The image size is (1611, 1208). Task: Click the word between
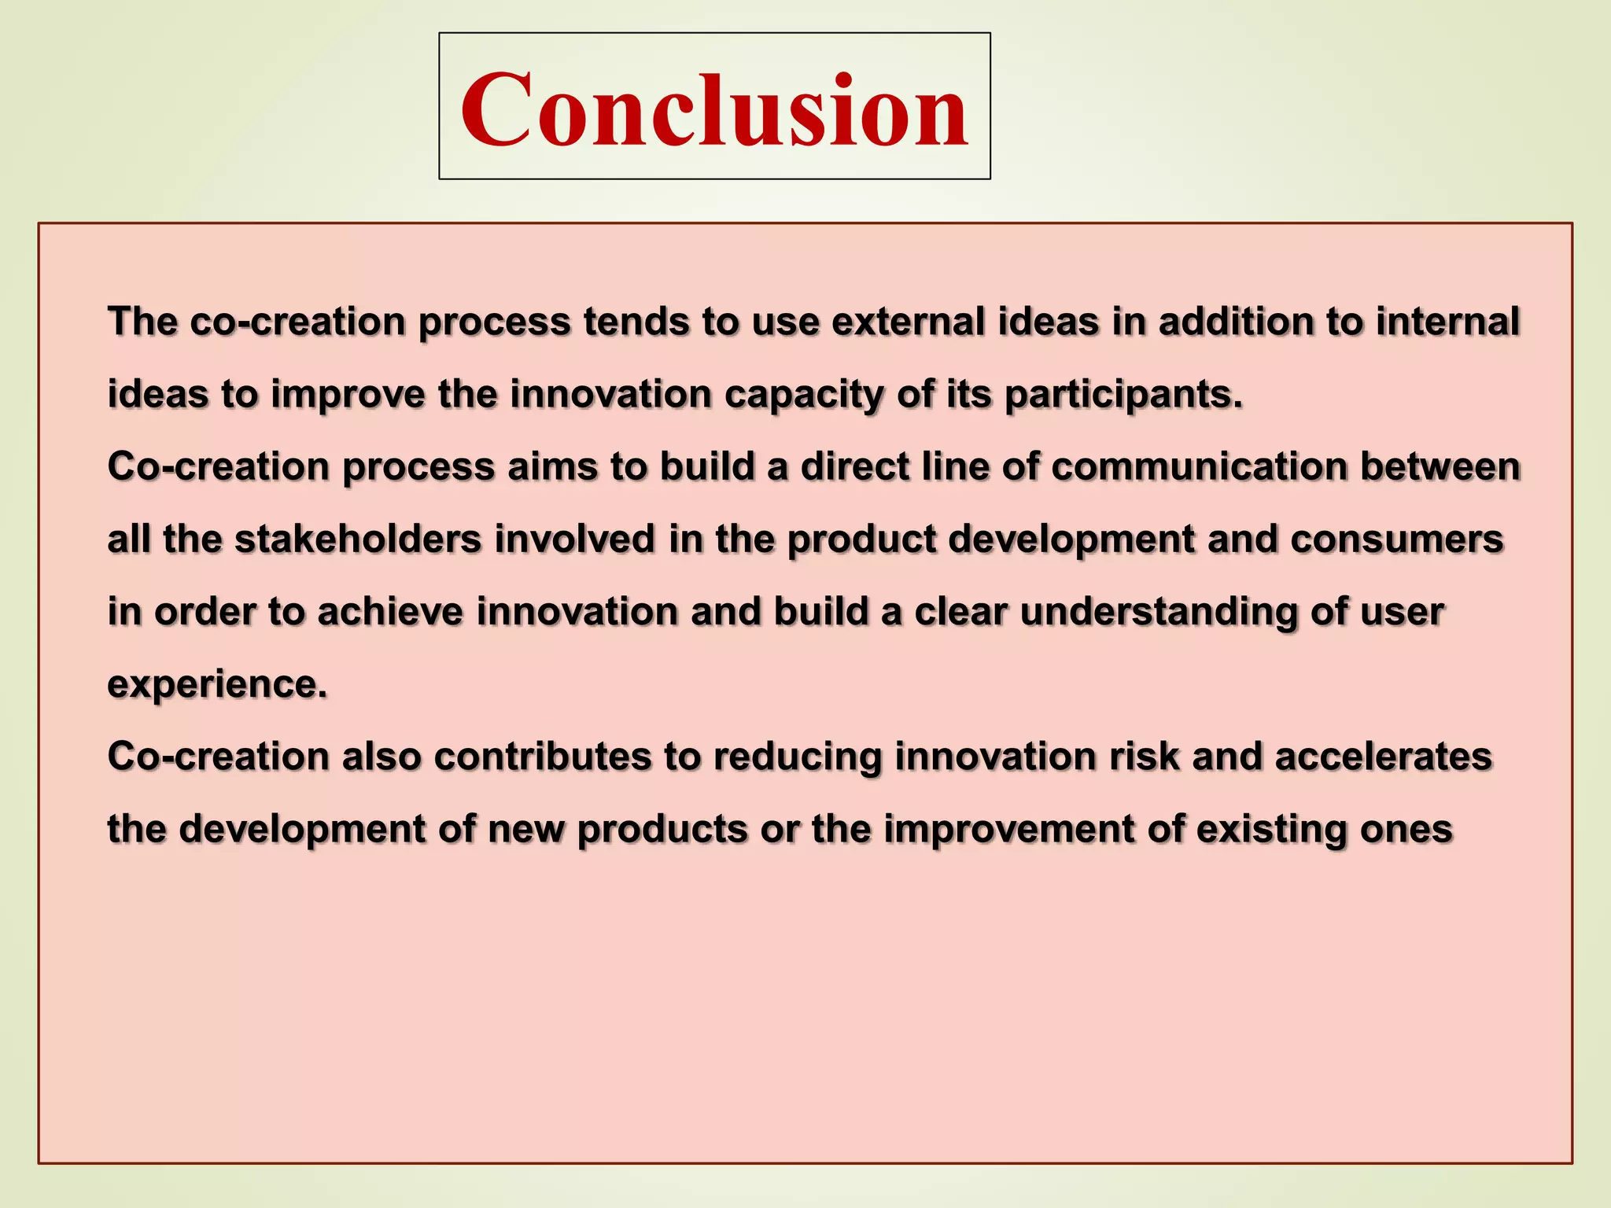tap(1440, 466)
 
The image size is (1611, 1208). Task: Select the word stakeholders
tap(358, 540)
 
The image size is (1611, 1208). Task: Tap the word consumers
tap(1397, 540)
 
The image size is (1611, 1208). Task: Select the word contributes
tap(543, 757)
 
